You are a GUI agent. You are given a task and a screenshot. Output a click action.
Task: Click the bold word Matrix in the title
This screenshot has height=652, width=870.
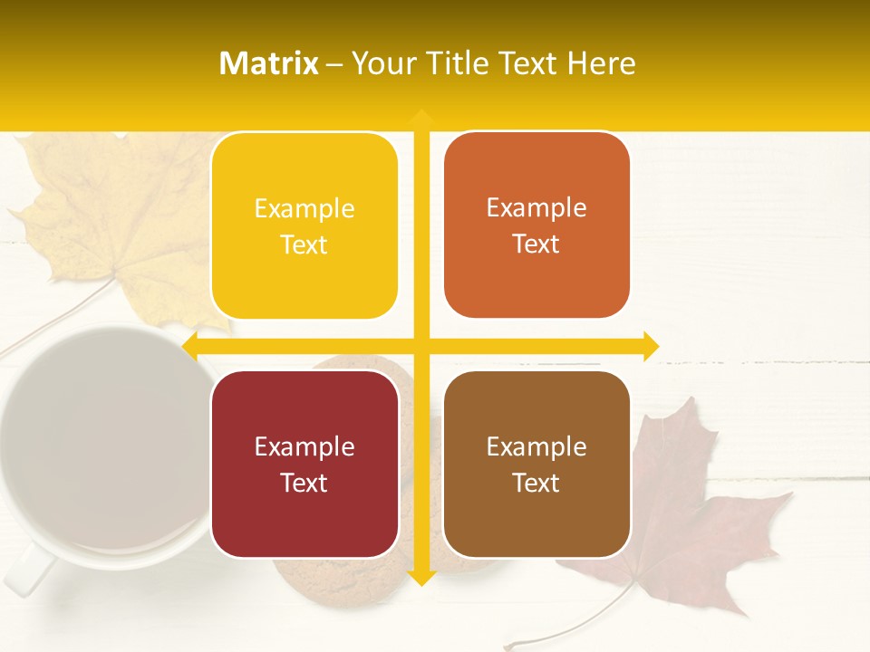coord(269,63)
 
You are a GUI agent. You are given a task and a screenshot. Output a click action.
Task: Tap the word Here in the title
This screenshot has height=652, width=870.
coord(601,63)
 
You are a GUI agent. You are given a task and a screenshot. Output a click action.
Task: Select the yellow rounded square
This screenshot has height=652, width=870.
coord(304,225)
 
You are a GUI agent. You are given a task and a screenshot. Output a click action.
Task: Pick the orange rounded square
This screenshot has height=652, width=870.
coord(536,225)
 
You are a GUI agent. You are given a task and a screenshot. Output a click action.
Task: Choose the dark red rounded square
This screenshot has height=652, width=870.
coord(304,465)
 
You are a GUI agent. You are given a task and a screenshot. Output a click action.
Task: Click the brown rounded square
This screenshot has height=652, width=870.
coord(536,465)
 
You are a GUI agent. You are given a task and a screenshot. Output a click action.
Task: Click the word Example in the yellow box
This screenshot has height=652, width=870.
coord(304,208)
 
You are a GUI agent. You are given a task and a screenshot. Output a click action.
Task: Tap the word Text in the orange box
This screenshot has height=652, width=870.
coord(536,244)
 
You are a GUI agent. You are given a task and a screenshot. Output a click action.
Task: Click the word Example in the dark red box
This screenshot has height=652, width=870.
coord(304,446)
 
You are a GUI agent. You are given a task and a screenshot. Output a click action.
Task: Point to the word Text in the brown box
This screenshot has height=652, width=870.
coord(536,484)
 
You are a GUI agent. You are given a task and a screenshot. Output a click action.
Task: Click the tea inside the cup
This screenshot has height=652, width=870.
coord(100,444)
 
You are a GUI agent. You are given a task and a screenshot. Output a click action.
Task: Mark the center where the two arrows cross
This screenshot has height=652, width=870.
coord(420,346)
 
